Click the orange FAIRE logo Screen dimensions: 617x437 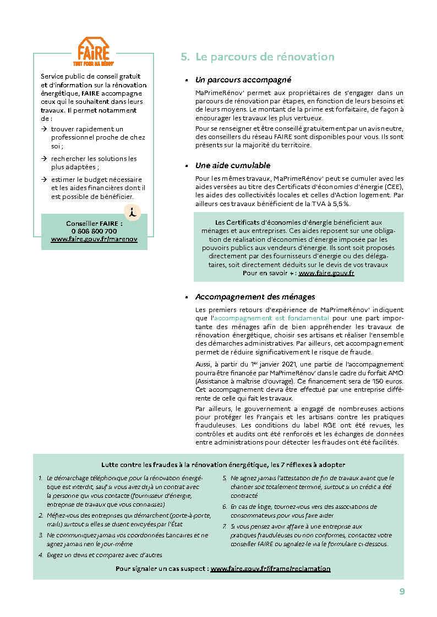click(x=94, y=51)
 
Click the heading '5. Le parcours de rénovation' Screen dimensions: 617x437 click(x=257, y=57)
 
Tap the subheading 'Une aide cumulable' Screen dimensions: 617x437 click(x=232, y=165)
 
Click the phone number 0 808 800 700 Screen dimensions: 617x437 click(x=94, y=232)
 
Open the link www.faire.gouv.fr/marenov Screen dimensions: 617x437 click(x=94, y=240)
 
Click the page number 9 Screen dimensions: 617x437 click(x=402, y=591)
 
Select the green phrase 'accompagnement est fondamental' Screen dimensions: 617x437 click(x=271, y=318)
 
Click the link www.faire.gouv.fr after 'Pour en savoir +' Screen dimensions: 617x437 click(x=326, y=273)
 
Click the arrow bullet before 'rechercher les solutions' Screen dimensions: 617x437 click(x=44, y=159)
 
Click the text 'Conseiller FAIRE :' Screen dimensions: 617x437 click(x=94, y=224)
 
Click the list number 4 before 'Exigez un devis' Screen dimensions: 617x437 click(x=41, y=555)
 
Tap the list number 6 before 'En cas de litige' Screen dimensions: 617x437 click(x=225, y=507)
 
